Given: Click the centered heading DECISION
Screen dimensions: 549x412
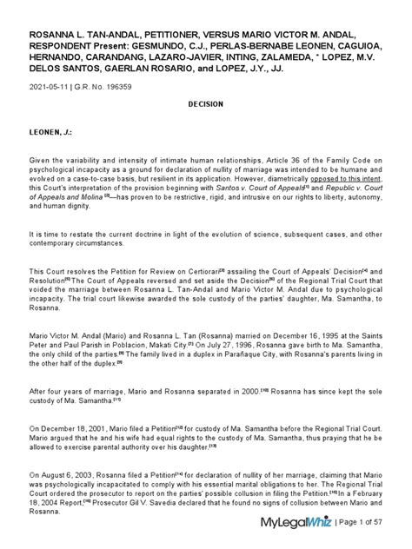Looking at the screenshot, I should [x=205, y=103].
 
